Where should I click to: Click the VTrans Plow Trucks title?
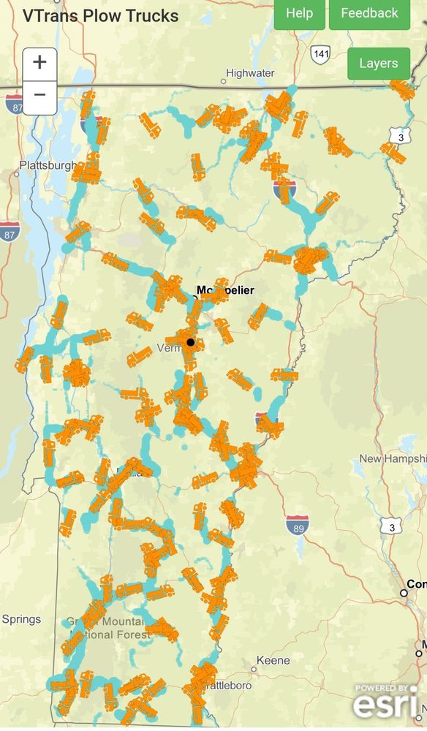point(100,15)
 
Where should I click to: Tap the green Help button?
point(299,13)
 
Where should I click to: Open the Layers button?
point(378,64)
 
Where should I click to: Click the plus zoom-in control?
point(39,62)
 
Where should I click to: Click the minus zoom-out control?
point(39,95)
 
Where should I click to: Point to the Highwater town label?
point(250,73)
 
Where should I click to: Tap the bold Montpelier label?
point(226,290)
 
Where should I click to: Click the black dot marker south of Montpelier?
point(191,342)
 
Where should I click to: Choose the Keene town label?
point(272,660)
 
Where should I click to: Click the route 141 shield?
point(320,54)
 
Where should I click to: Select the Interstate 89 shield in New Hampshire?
point(297,524)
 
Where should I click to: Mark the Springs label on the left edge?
point(21,619)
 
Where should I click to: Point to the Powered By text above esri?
point(382,687)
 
